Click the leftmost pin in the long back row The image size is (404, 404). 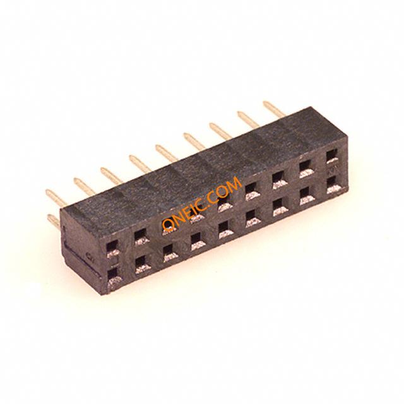pyautogui.click(x=56, y=198)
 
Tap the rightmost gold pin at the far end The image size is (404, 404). pyautogui.click(x=274, y=109)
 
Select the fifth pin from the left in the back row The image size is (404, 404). pyautogui.click(x=167, y=153)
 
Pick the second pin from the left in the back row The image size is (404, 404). pyautogui.click(x=84, y=186)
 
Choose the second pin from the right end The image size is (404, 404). pyautogui.click(x=248, y=119)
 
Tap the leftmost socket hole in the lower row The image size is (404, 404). pyautogui.click(x=114, y=276)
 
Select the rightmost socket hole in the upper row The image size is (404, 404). pyautogui.click(x=333, y=157)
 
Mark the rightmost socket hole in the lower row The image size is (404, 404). pyautogui.click(x=333, y=185)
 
